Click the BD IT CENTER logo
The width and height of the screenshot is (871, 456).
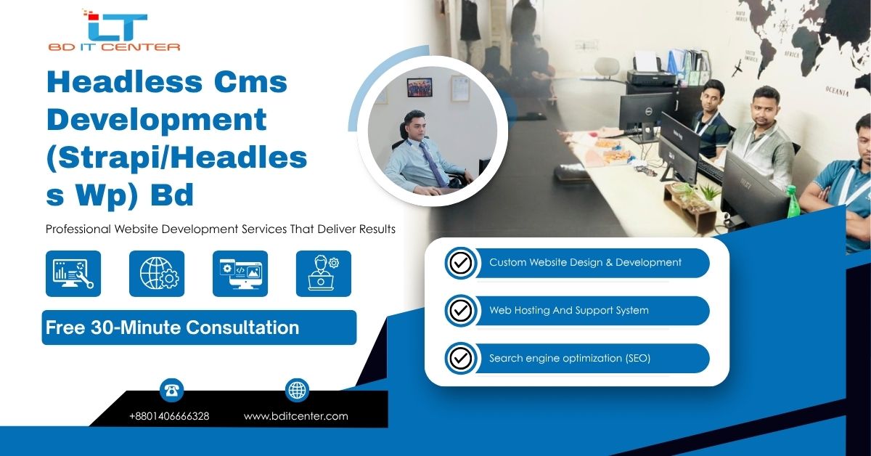pyautogui.click(x=114, y=30)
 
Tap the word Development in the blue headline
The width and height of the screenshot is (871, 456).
pyautogui.click(x=157, y=120)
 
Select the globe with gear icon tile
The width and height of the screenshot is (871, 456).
pyautogui.click(x=157, y=274)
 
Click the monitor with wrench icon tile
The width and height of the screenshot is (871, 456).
pyautogui.click(x=73, y=274)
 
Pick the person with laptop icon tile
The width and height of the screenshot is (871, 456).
pyautogui.click(x=324, y=274)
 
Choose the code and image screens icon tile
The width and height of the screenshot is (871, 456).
pyautogui.click(x=240, y=274)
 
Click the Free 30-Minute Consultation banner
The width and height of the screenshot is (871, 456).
pyautogui.click(x=199, y=327)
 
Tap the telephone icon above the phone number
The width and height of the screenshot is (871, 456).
pyautogui.click(x=171, y=390)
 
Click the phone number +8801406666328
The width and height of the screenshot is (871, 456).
pyautogui.click(x=169, y=416)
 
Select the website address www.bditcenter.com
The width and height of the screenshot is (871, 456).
pyautogui.click(x=296, y=416)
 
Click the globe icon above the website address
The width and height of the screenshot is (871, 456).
pyautogui.click(x=297, y=390)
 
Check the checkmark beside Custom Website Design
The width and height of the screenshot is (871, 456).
pyautogui.click(x=461, y=263)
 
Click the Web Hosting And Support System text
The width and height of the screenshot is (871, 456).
pyautogui.click(x=569, y=310)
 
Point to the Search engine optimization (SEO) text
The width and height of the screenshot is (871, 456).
pyautogui.click(x=570, y=358)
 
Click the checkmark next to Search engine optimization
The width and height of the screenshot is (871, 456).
pyautogui.click(x=461, y=359)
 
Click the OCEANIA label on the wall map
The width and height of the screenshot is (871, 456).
pyautogui.click(x=837, y=91)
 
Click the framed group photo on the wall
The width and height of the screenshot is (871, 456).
pyautogui.click(x=420, y=88)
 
